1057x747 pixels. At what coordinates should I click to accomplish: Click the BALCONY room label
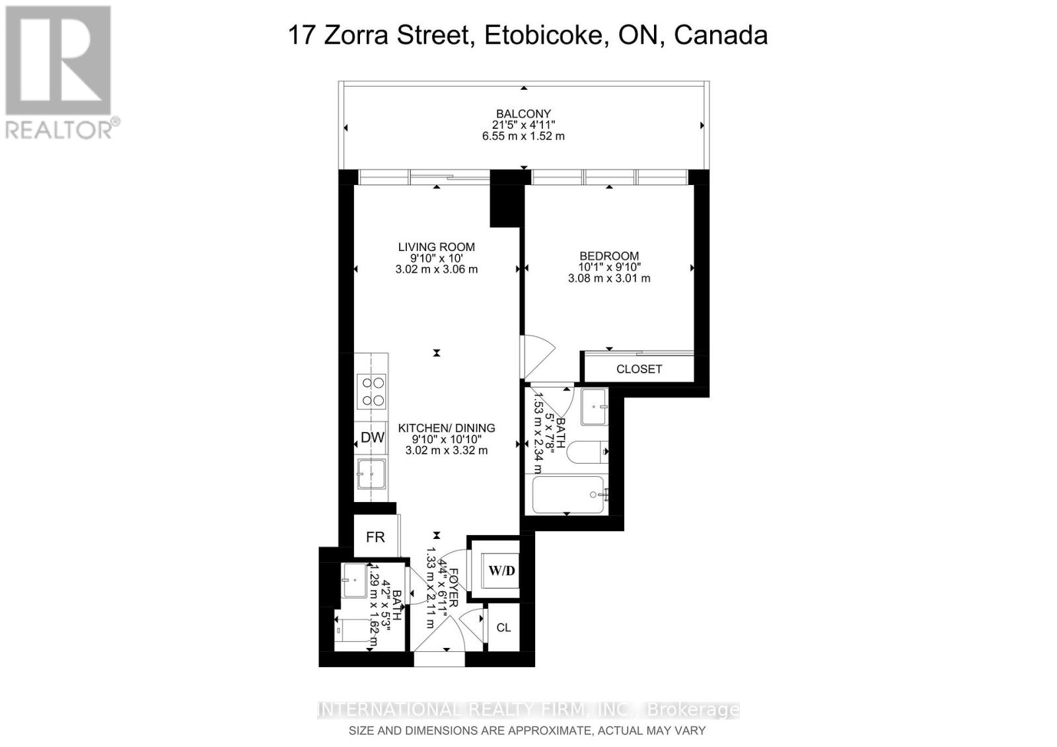point(523,114)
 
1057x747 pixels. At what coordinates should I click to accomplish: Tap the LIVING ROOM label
point(436,247)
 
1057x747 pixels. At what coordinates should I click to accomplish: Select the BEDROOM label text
point(609,256)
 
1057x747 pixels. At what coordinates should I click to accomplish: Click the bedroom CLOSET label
point(639,369)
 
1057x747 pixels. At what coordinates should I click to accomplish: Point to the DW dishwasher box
point(372,437)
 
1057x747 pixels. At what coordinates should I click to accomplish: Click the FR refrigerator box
point(375,537)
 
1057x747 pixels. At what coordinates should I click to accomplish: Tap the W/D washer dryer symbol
point(501,570)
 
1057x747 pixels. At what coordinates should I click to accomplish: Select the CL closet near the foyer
point(503,627)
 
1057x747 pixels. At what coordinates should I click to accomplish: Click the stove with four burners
point(371,391)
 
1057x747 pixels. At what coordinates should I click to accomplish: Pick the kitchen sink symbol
point(371,473)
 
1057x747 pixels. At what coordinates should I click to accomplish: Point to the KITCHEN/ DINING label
point(447,428)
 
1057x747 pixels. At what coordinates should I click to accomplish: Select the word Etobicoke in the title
point(546,35)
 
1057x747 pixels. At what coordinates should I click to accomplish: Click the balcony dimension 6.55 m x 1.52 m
point(523,136)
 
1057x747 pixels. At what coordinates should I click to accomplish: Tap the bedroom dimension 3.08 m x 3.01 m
point(609,279)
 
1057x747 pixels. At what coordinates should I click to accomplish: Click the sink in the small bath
point(355,581)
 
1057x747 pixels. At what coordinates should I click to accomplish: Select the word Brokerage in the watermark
point(693,710)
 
